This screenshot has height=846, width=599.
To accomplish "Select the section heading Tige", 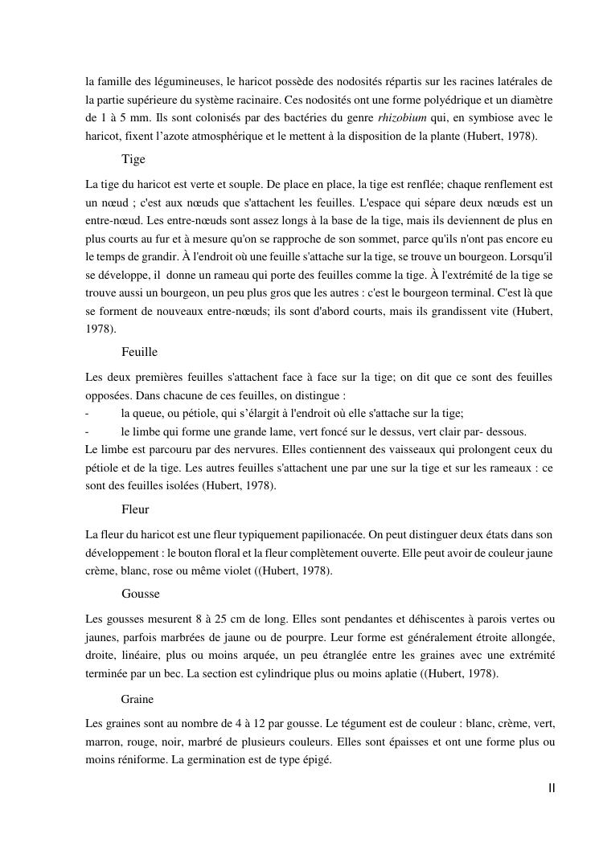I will (133, 159).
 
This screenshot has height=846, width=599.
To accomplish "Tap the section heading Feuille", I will (139, 352).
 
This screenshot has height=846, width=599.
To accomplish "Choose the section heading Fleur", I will (135, 509).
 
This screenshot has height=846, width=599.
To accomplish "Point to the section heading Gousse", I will (141, 594).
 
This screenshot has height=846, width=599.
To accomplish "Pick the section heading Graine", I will (137, 700).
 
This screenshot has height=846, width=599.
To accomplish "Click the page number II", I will (552, 788).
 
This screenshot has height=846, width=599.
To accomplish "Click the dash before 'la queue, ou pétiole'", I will (87, 414).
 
